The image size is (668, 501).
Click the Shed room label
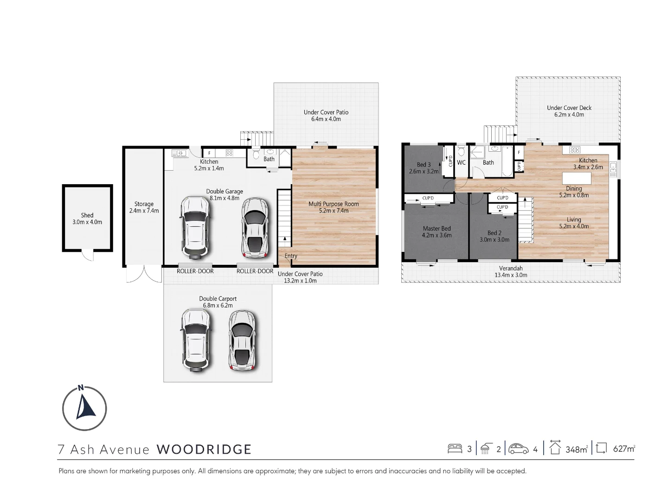tap(87, 218)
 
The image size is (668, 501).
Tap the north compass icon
tap(84, 408)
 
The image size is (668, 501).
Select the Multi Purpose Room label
tap(334, 207)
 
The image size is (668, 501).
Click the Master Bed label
tap(437, 231)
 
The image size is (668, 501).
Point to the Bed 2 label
tap(495, 236)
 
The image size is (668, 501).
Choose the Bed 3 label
tap(424, 168)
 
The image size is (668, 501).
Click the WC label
tap(461, 163)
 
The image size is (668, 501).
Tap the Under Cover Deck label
tap(569, 111)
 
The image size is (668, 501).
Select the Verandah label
tap(511, 271)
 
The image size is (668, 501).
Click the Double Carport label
tap(218, 302)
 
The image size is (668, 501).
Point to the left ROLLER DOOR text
tap(195, 271)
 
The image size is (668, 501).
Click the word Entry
tap(291, 256)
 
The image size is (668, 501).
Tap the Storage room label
tap(144, 207)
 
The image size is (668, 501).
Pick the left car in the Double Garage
tap(196, 227)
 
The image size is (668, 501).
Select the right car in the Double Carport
tap(242, 340)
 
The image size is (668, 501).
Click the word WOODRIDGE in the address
tap(204, 449)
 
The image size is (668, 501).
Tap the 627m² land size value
tap(624, 449)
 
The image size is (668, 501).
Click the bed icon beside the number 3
tap(455, 449)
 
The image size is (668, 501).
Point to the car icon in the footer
tap(519, 449)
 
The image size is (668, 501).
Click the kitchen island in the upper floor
tap(577, 178)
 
